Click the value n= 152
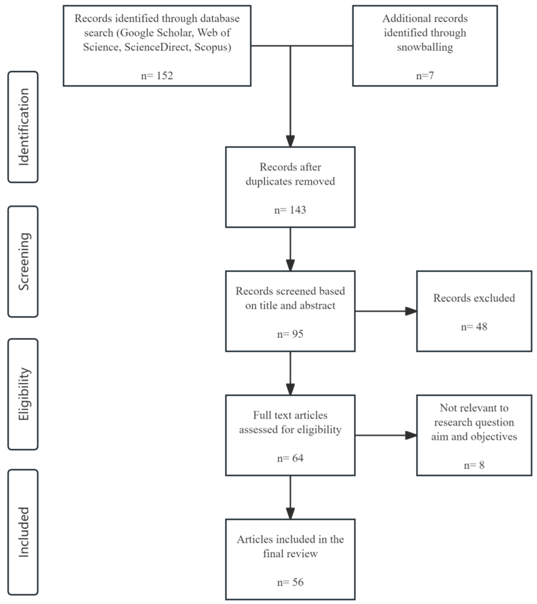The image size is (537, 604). click(x=157, y=76)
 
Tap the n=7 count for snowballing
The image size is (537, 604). click(x=425, y=76)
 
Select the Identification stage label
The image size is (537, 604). click(x=23, y=127)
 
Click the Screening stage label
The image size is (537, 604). click(x=23, y=261)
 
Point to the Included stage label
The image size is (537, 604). click(x=23, y=532)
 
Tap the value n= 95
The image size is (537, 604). click(x=290, y=334)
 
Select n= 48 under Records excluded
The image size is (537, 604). click(x=474, y=327)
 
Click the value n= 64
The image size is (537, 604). click(x=290, y=458)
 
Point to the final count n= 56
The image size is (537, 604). click(x=290, y=582)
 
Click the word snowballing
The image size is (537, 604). click(x=425, y=47)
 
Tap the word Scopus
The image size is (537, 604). click(x=212, y=47)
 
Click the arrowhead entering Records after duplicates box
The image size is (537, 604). click(x=290, y=141)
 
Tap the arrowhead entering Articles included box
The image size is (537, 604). click(x=290, y=513)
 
